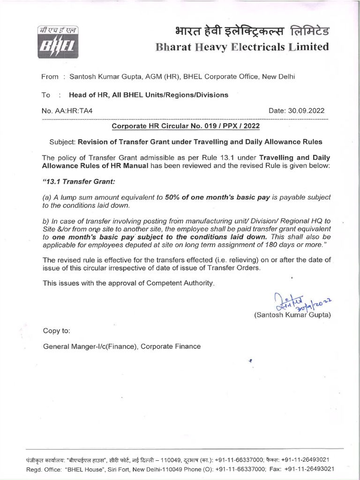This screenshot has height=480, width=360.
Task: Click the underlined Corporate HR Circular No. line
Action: tap(185, 126)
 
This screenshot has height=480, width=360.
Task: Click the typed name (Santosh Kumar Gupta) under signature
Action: tap(292, 315)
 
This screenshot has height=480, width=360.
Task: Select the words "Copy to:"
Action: tap(57, 330)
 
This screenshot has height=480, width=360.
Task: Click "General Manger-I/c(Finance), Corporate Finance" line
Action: tap(122, 346)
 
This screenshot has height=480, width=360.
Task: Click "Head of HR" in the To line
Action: tap(87, 95)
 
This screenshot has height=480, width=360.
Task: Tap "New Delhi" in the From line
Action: tap(280, 77)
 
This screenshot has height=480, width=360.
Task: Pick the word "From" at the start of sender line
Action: tap(50, 77)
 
